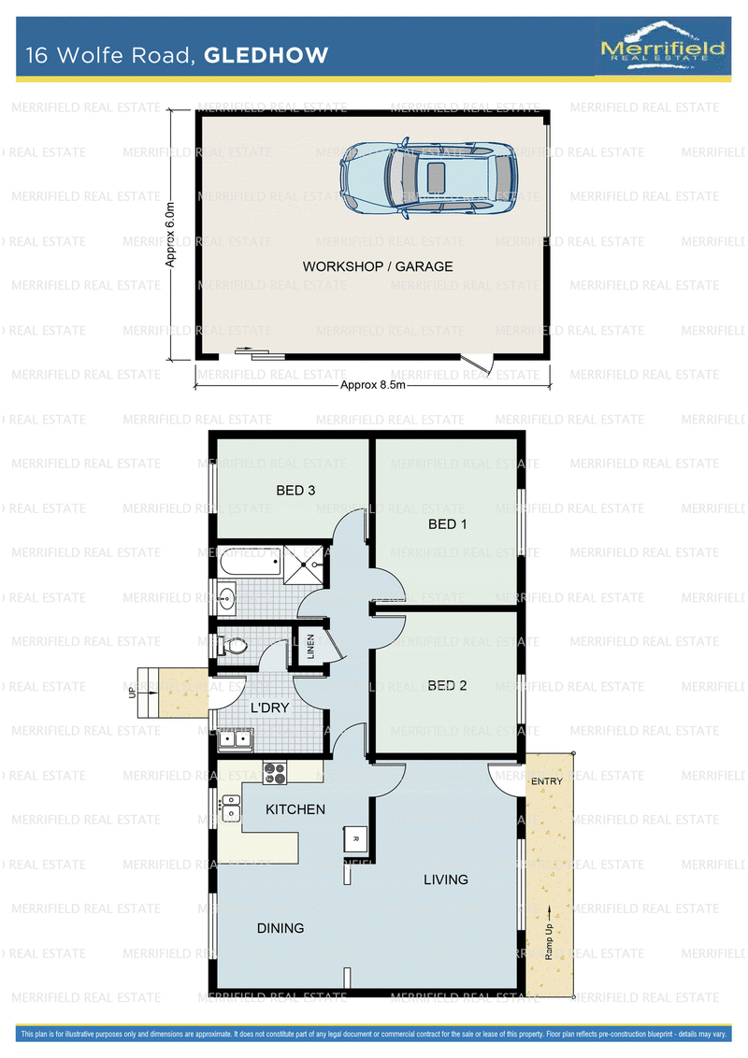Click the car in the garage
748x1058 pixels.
(428, 178)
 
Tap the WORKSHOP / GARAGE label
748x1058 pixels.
(378, 266)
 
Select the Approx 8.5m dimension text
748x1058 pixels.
(373, 385)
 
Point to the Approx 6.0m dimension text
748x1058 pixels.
(170, 235)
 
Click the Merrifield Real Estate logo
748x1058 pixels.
(662, 45)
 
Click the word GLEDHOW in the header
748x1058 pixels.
(266, 54)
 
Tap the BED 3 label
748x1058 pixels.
(295, 491)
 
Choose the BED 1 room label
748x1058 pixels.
(448, 524)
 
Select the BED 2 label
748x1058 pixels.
(448, 685)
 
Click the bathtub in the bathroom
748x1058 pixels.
(249, 562)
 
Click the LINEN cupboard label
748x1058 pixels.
(310, 646)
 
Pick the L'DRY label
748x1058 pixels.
(269, 708)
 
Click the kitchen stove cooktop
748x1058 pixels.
(275, 772)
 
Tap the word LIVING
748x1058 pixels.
(446, 879)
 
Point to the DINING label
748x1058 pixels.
(280, 928)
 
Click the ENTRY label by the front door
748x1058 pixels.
(547, 781)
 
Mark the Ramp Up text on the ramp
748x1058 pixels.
(549, 941)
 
